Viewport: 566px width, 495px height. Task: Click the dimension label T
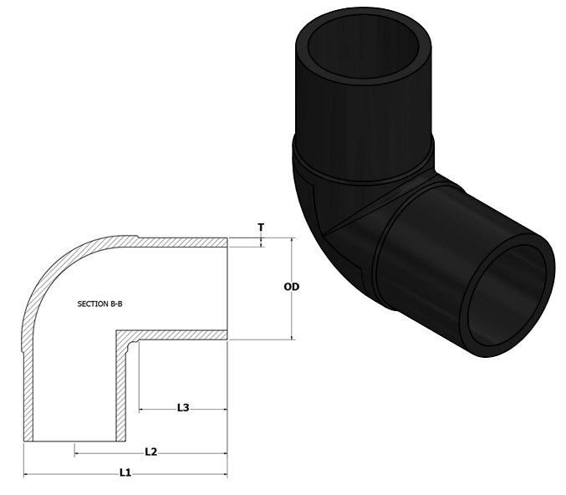pyautogui.click(x=262, y=227)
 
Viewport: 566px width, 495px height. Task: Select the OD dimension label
pyautogui.click(x=291, y=287)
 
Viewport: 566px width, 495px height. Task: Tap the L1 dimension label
pyautogui.click(x=125, y=472)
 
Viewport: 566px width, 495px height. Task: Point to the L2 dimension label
pyautogui.click(x=150, y=452)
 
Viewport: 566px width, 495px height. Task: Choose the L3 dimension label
pyautogui.click(x=182, y=407)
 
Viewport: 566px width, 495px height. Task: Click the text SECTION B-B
pyautogui.click(x=99, y=304)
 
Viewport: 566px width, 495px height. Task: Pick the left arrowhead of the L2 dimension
pyautogui.click(x=78, y=454)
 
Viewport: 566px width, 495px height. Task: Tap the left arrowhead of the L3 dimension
pyautogui.click(x=141, y=410)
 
